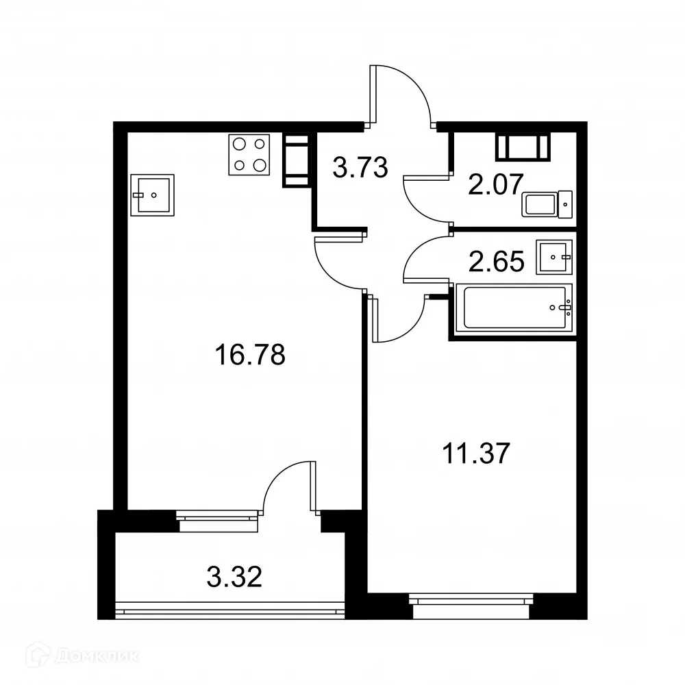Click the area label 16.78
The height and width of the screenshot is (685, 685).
[249, 356]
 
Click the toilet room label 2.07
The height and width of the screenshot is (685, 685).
[495, 183]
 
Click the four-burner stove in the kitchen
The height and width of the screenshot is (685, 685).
[249, 154]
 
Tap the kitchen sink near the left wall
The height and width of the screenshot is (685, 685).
[152, 195]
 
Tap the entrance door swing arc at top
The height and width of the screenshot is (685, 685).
[404, 92]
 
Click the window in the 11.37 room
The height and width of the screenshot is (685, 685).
[471, 600]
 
